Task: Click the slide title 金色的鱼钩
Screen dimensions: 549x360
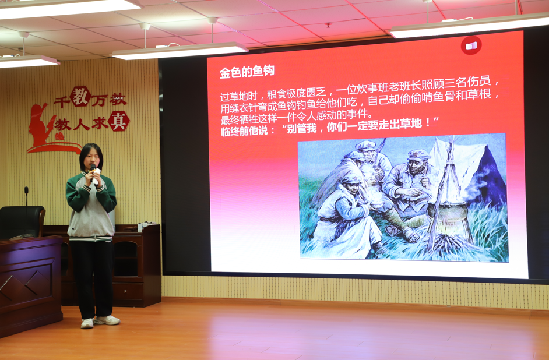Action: pyautogui.click(x=247, y=72)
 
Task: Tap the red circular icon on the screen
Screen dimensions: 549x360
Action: pyautogui.click(x=471, y=45)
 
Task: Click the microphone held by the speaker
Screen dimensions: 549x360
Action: pyautogui.click(x=93, y=172)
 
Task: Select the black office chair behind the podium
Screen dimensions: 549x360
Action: pyautogui.click(x=22, y=222)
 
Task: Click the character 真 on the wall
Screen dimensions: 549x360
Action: pyautogui.click(x=119, y=121)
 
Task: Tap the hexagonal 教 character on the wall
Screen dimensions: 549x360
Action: pyautogui.click(x=80, y=97)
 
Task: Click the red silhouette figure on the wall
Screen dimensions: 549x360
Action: pyautogui.click(x=40, y=125)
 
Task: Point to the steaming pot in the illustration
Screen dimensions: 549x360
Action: pyautogui.click(x=448, y=213)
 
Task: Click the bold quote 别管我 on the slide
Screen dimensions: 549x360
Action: pyautogui.click(x=301, y=129)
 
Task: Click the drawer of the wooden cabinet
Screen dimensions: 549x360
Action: pyautogui.click(x=128, y=291)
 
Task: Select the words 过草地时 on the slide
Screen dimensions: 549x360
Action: pyautogui.click(x=239, y=96)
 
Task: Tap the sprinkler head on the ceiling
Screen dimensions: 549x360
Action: pyautogui.click(x=328, y=25)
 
